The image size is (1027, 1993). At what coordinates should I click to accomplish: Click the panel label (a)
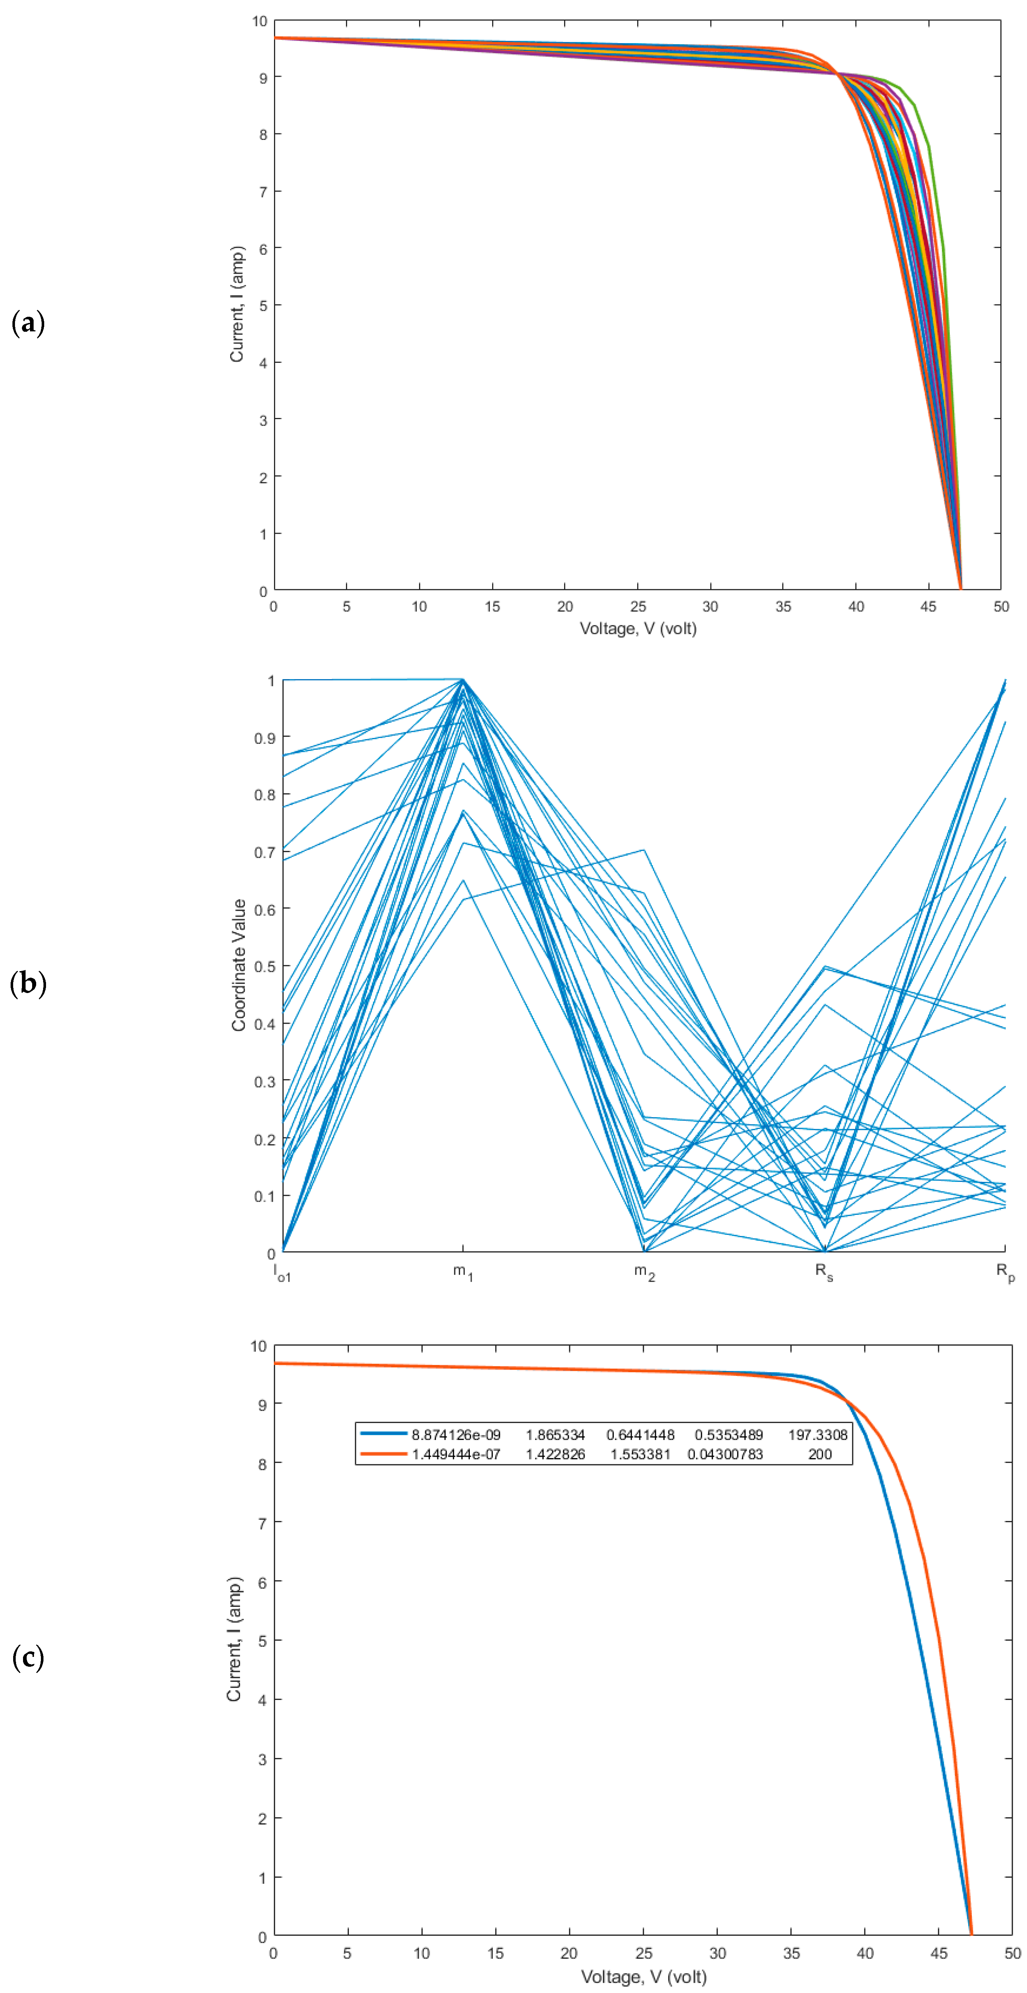point(28,323)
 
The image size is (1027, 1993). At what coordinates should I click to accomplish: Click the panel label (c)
point(28,1658)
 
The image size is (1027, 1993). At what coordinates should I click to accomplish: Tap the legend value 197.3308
point(817,1435)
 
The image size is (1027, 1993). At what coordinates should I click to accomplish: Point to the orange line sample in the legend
point(382,1454)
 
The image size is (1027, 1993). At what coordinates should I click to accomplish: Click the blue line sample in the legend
point(382,1434)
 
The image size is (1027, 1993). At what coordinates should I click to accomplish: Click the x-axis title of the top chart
point(638,628)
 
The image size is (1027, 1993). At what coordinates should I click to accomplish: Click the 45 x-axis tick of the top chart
point(928,606)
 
